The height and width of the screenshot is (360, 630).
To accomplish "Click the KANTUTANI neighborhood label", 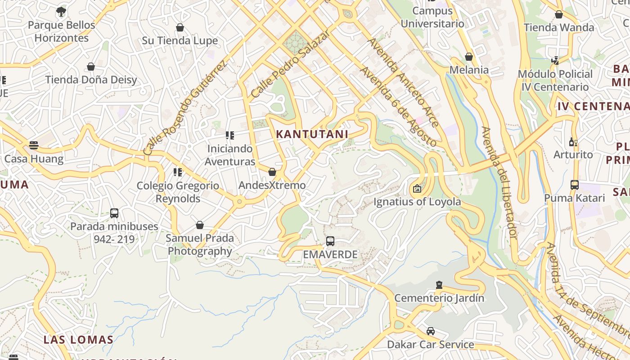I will (312, 134).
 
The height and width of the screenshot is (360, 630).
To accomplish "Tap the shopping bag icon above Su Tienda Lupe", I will (180, 28).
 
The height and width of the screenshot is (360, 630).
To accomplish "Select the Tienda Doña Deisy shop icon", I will (91, 67).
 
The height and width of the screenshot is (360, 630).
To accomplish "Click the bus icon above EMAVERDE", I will (330, 241).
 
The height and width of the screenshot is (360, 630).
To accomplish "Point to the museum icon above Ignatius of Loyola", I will (417, 189).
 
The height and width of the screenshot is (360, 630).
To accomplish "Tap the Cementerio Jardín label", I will (439, 298).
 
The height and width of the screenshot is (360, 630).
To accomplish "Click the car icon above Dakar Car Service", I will (431, 331).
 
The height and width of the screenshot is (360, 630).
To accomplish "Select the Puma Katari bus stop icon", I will (575, 185).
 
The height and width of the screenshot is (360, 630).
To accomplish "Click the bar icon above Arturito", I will (573, 142).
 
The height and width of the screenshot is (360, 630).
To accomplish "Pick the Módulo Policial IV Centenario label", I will (555, 81).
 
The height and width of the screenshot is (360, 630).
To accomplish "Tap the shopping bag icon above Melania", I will (469, 57).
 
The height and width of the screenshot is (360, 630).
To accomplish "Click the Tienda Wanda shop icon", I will (559, 14).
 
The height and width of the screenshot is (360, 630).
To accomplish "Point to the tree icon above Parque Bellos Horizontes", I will (61, 12).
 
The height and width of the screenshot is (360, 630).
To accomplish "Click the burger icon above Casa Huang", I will (34, 145).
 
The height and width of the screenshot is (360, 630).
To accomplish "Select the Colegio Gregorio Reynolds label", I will (178, 192).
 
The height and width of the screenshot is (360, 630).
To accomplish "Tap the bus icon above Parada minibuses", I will (114, 213).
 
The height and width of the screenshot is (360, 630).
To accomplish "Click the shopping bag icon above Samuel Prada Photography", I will (200, 225).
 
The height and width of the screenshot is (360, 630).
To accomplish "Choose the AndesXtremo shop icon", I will (272, 172).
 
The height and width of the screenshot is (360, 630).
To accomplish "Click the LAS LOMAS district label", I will (78, 340).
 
